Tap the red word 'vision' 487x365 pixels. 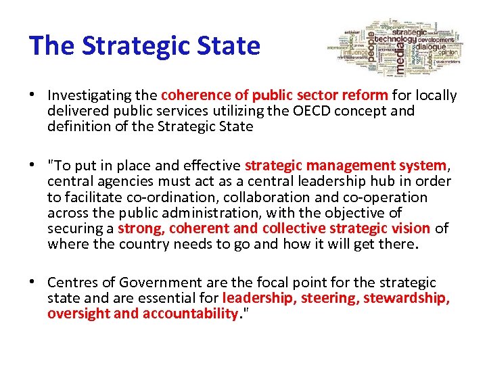click(409, 228)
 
